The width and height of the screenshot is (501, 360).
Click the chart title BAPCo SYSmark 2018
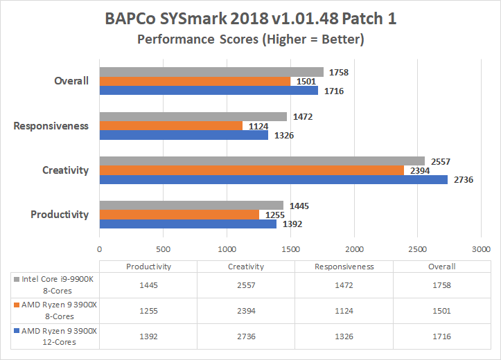[250, 19]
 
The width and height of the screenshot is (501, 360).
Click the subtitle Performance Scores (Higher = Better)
[250, 39]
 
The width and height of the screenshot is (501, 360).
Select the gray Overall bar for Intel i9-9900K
[211, 72]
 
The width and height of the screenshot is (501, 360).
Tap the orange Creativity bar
[252, 170]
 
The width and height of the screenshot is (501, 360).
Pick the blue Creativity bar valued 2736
[273, 179]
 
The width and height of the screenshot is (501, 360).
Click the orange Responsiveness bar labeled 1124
[170, 125]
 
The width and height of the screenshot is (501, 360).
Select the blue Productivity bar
[188, 224]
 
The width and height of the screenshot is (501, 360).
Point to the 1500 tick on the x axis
[290, 249]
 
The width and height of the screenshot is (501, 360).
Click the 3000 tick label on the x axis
[481, 249]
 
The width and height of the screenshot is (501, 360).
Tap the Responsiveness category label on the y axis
[51, 126]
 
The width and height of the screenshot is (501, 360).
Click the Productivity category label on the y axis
[60, 215]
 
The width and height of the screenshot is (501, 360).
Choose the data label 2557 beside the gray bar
[441, 161]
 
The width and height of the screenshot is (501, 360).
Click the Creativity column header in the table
[246, 267]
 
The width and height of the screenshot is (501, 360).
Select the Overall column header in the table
[441, 267]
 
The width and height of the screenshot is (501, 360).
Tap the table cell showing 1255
[148, 311]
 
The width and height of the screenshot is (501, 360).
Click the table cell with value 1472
[344, 285]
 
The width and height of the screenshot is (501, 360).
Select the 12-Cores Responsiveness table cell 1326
[344, 336]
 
